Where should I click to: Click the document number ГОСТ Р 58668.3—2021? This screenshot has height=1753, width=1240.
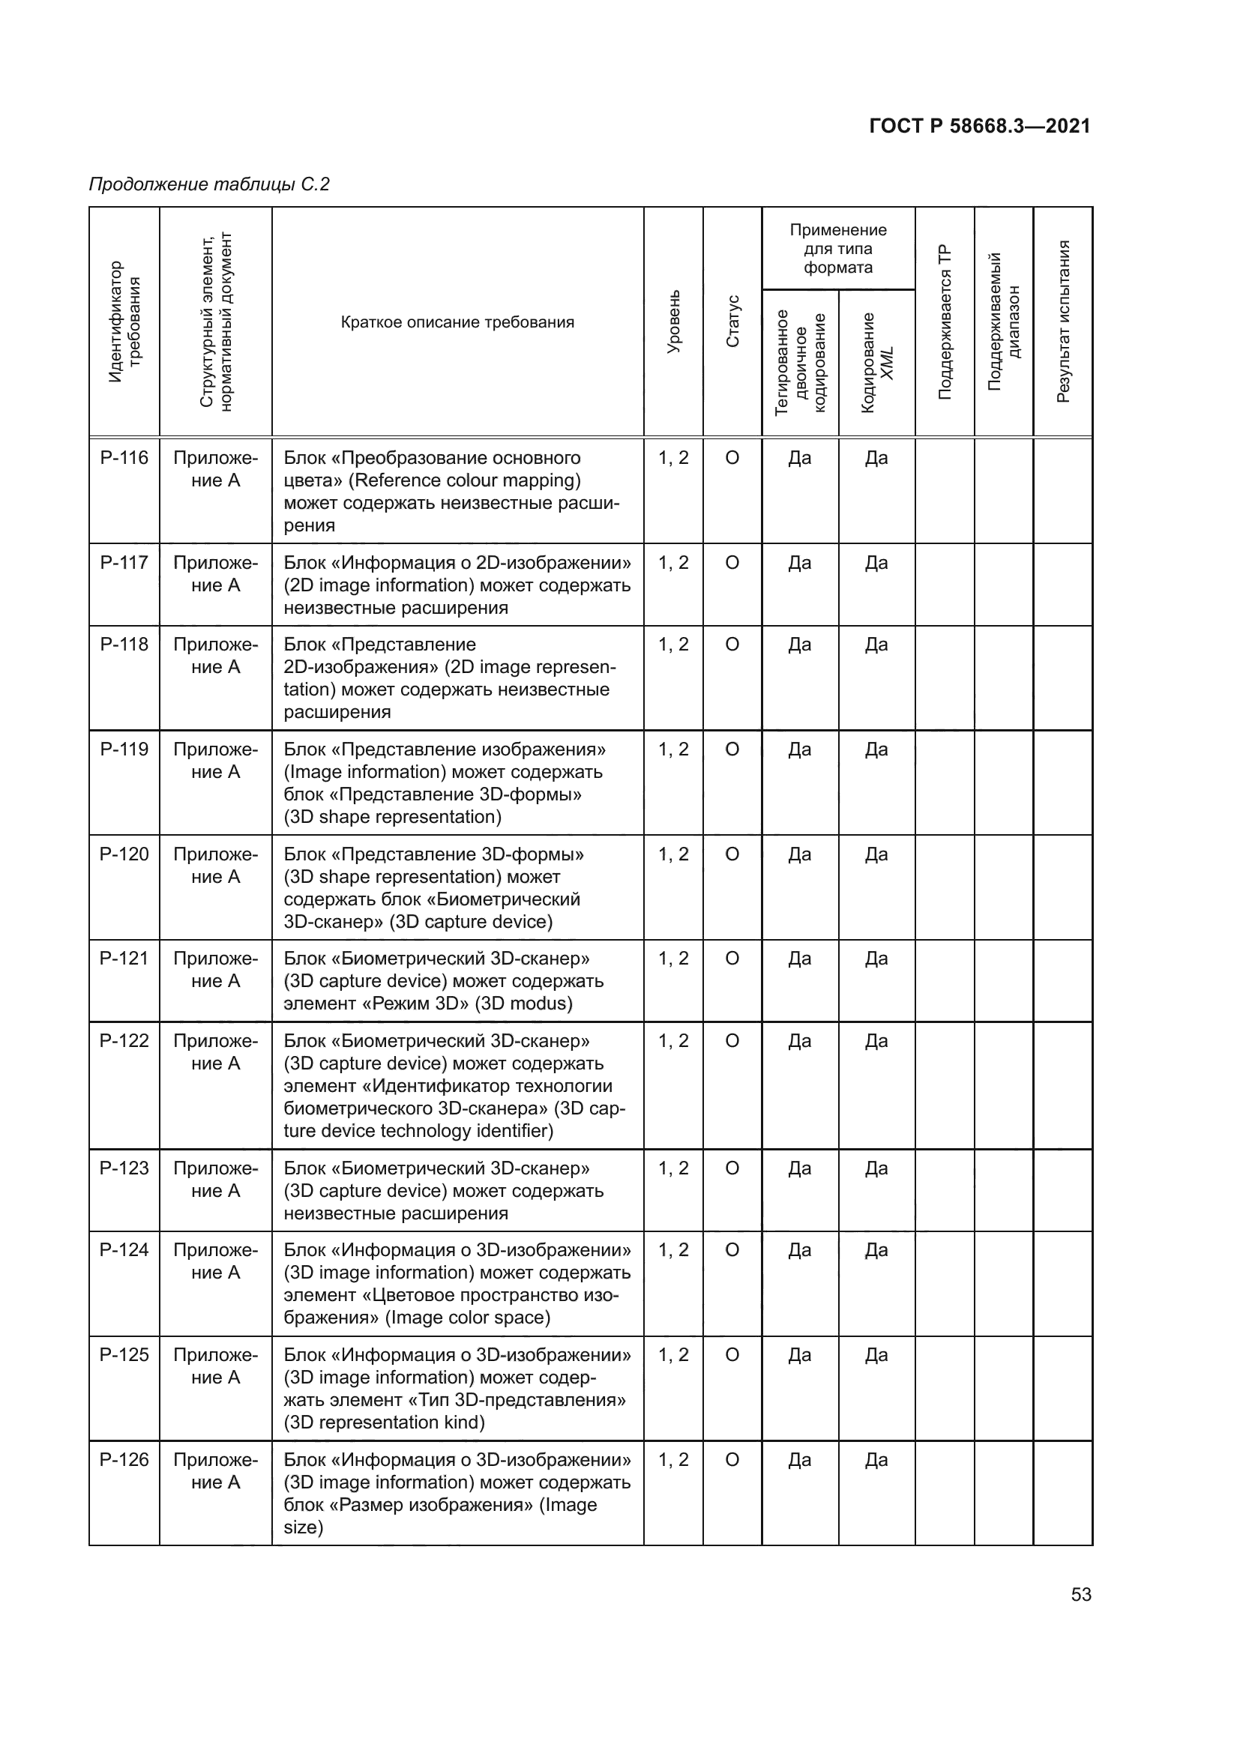pos(979,127)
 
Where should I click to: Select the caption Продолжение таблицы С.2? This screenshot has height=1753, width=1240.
pos(209,184)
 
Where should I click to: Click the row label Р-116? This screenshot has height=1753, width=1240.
pos(124,458)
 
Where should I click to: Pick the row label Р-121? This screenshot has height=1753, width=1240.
pos(124,959)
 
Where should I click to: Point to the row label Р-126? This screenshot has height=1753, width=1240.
pos(124,1460)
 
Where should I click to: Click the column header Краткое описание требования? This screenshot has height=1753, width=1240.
pos(457,322)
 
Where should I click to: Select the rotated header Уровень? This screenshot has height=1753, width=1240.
pos(673,322)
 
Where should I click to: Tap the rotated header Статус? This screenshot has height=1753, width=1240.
pos(732,322)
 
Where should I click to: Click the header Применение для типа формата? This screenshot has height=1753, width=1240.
pos(837,249)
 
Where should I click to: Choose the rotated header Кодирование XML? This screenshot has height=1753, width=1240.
pos(876,363)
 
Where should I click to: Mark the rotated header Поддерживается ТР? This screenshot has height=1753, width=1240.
pos(945,322)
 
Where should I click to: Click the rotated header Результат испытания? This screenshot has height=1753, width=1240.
pos(1063,322)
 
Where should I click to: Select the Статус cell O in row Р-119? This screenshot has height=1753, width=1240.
pos(732,749)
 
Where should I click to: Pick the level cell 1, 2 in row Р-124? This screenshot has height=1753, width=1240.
pos(672,1250)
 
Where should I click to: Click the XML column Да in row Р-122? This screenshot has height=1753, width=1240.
pos(876,1042)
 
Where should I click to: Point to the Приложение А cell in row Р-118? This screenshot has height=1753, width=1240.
pos(215,656)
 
